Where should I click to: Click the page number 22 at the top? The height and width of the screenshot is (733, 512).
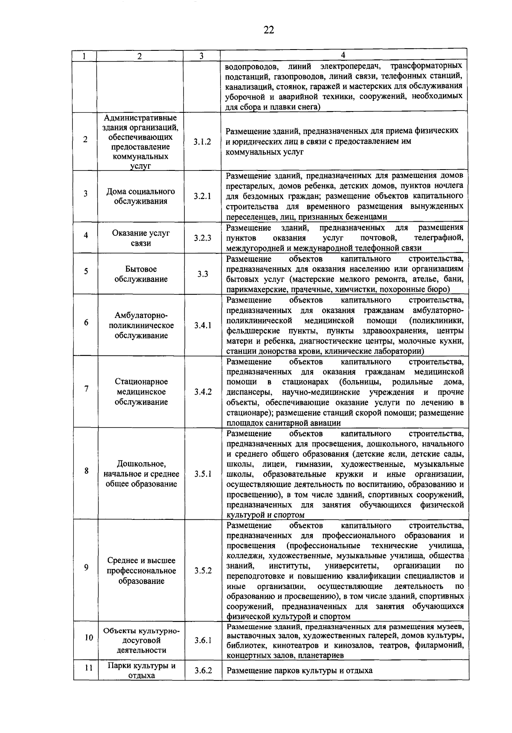[268, 30]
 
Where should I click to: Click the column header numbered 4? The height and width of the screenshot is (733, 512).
[343, 55]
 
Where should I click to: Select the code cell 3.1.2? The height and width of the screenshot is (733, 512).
[202, 142]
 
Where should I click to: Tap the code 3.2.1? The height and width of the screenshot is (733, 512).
[202, 196]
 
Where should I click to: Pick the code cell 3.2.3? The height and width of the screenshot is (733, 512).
[202, 238]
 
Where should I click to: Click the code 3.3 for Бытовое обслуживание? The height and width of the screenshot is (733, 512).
[203, 274]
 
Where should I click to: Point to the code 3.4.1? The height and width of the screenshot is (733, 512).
[203, 325]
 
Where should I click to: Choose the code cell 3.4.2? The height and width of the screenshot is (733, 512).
[203, 392]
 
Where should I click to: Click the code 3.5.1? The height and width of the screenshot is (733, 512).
[203, 474]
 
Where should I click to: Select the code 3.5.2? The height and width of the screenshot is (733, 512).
[203, 571]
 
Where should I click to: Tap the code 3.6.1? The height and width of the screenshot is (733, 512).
[203, 640]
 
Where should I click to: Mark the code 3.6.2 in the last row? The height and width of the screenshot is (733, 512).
[203, 671]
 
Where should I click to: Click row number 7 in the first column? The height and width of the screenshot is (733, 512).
[86, 389]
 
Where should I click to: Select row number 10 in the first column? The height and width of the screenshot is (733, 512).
[88, 638]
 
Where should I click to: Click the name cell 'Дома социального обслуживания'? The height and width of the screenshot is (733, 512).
[141, 196]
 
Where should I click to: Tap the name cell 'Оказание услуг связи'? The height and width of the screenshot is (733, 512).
[141, 238]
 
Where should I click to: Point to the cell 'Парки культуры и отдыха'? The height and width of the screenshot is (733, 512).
[141, 671]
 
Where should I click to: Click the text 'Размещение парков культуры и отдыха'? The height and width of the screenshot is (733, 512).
[300, 671]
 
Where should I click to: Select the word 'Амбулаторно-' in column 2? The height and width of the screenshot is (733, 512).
[141, 315]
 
